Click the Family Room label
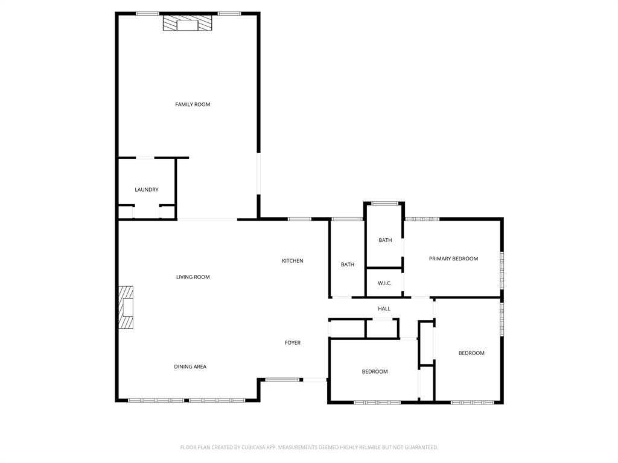coord(193,104)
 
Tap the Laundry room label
coord(146,189)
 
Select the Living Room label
coord(193,277)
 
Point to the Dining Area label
coord(190,367)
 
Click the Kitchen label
coord(292,260)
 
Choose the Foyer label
coord(292,342)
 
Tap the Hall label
coord(384,309)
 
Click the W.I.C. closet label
coord(384,283)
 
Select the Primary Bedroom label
coord(453,259)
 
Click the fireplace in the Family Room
coord(187,24)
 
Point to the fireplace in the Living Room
coord(126,307)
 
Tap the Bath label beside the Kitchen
coord(347,264)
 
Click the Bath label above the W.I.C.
coord(385,240)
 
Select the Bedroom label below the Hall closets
coord(374,371)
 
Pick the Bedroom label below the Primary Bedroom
coord(471,353)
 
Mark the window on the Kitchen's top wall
coord(299,219)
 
